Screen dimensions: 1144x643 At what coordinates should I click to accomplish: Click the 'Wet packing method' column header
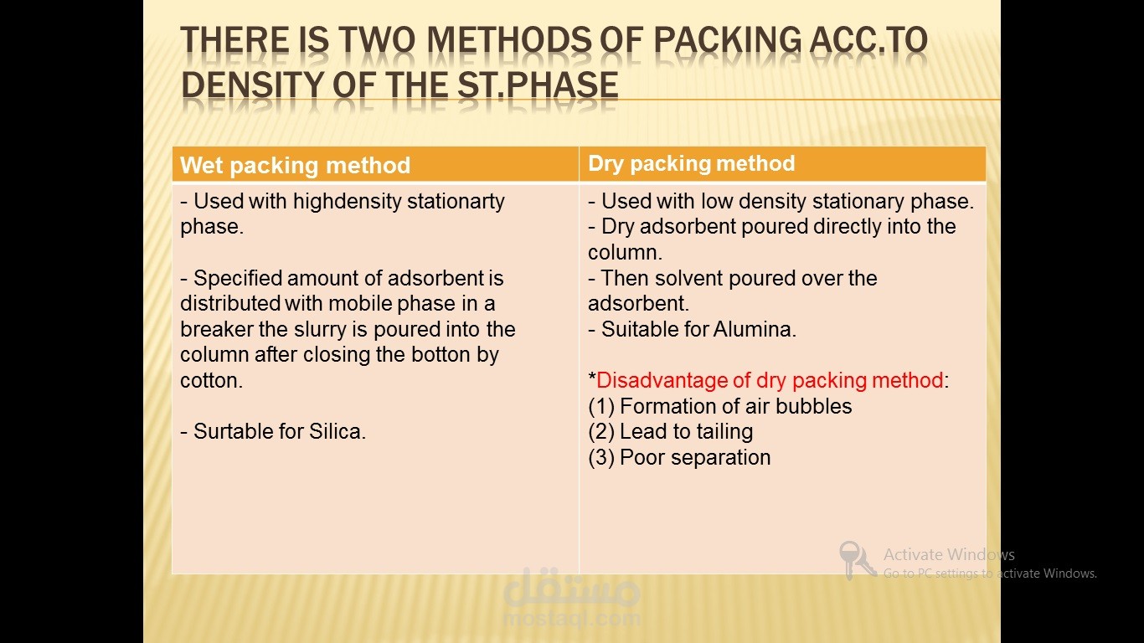click(295, 166)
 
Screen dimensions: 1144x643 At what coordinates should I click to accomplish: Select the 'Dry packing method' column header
click(692, 164)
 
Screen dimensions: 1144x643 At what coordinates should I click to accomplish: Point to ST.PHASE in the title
click(539, 85)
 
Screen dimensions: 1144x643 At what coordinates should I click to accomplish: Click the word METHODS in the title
click(508, 40)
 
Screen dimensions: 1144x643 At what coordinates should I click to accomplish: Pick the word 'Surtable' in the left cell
click(234, 431)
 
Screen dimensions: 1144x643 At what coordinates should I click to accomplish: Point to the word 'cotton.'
click(211, 381)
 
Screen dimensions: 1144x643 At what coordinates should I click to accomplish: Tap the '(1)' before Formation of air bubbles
click(601, 407)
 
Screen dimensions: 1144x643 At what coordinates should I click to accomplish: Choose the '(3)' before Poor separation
click(601, 458)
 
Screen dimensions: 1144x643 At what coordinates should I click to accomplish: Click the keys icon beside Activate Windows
click(857, 560)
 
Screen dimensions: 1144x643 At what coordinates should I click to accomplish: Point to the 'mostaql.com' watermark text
click(572, 618)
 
